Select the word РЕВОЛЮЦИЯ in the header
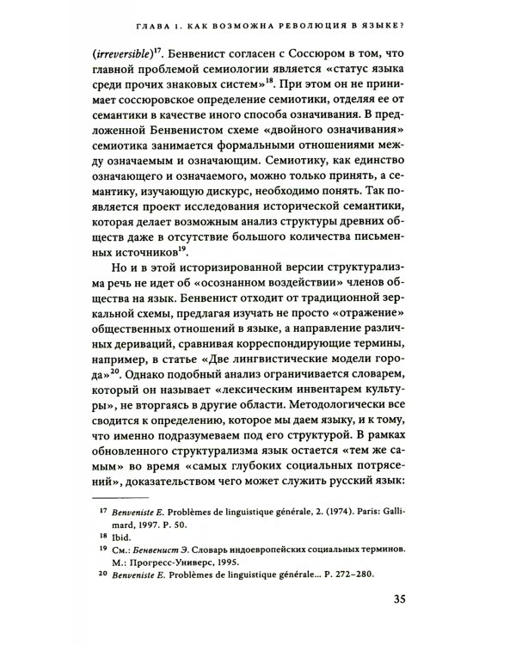coord(317,25)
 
